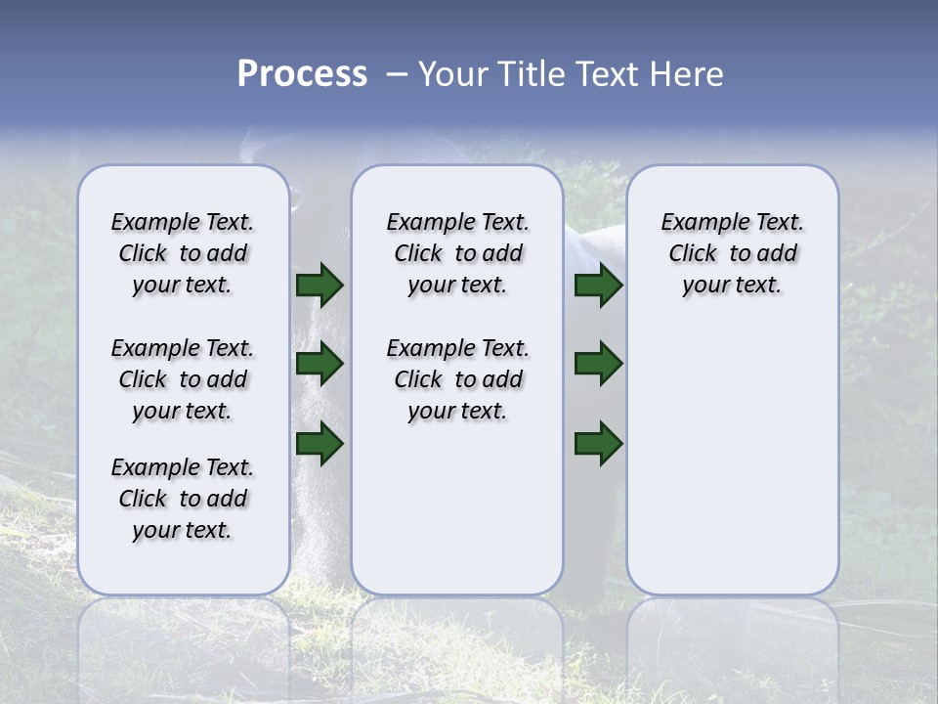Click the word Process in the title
coord(302,74)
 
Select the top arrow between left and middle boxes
coord(320,286)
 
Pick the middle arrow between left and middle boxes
coord(320,365)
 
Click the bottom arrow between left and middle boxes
coord(320,443)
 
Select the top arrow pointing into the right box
coord(598,286)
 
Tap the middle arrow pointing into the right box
coord(598,365)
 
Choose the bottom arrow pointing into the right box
coord(598,443)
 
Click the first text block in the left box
coord(183,253)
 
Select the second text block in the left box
coord(183,379)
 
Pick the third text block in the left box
coord(183,499)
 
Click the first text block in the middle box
coord(457,253)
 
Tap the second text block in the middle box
coord(457,379)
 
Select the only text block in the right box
coord(732,253)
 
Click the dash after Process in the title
coord(396,74)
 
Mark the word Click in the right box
coord(693,254)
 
